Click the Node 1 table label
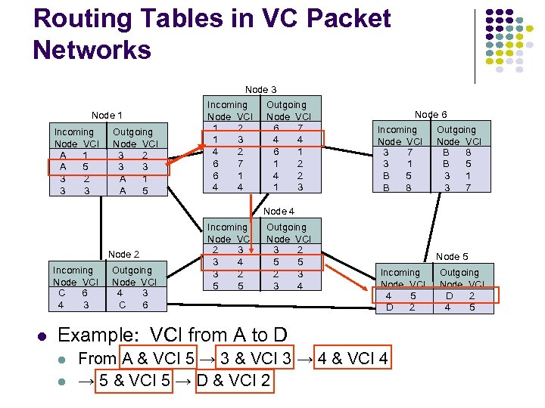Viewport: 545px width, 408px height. coord(107,116)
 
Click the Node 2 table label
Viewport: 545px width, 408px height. coord(124,254)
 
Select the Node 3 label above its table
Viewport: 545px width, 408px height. coord(260,89)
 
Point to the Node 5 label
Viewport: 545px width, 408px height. coord(452,257)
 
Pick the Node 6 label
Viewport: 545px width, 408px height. coord(431,114)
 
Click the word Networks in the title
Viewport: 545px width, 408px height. coord(92,50)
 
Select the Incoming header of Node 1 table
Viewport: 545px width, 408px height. coord(74,131)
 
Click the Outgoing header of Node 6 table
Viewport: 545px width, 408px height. coord(456,129)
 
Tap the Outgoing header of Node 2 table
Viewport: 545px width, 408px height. coord(132,270)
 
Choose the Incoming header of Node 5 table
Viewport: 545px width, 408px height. coord(400,272)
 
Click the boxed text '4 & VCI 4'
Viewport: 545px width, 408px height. coord(354,359)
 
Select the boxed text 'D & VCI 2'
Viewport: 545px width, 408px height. coord(233,380)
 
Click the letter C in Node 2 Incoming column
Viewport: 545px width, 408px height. coord(61,293)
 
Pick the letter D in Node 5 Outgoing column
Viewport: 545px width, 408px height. coord(450,296)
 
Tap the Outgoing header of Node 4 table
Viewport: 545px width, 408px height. coord(287,227)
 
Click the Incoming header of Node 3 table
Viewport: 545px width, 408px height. coord(227,104)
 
